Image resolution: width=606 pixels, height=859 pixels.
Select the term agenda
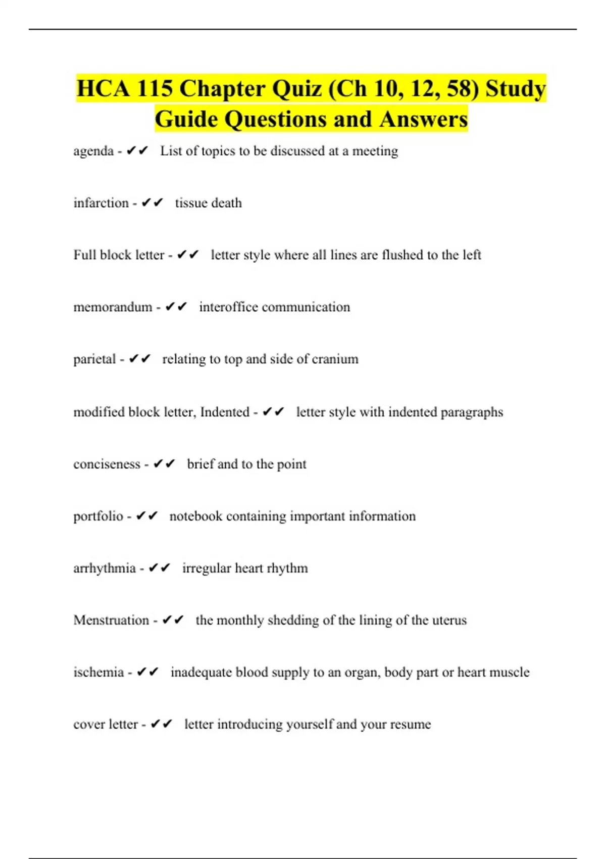[93, 151]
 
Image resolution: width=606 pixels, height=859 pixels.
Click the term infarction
[101, 203]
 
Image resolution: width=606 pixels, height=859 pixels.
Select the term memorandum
[113, 307]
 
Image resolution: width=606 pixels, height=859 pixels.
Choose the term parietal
[94, 359]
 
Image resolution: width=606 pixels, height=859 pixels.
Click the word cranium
[335, 359]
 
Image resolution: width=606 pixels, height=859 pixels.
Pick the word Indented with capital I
[225, 412]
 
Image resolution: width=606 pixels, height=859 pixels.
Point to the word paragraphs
[472, 412]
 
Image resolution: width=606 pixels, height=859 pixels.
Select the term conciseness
[107, 464]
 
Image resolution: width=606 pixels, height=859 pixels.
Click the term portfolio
[98, 516]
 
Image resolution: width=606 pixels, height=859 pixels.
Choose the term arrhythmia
[105, 568]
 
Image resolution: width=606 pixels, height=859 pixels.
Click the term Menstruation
[111, 620]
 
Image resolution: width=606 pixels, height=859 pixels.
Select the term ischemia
[98, 672]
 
